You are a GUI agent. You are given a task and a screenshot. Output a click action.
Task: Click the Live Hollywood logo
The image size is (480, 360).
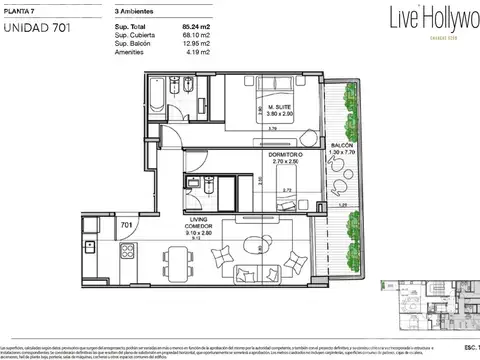coord(439,19)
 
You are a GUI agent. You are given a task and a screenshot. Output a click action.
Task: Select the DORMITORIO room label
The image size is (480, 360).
coord(280,154)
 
